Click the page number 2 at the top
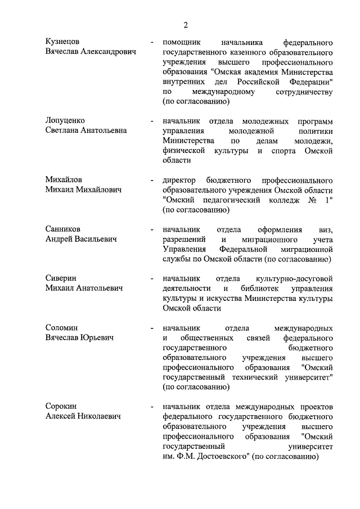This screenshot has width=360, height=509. (185, 24)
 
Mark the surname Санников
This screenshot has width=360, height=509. (63, 229)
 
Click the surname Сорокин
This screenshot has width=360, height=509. (62, 407)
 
